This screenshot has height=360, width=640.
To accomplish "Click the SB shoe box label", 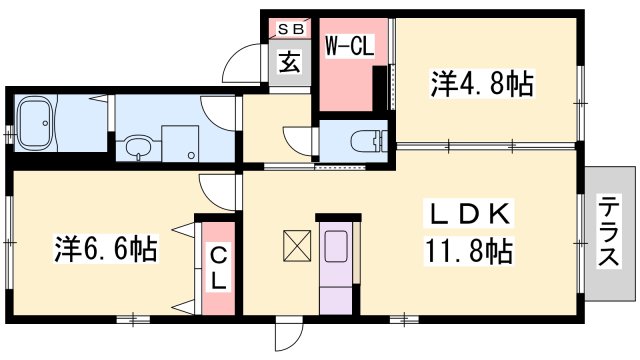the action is point(291,29).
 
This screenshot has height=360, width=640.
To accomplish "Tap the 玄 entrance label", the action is point(290,62).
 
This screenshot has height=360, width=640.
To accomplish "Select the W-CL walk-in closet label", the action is point(349,46).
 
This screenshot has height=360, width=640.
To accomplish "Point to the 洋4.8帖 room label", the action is point(482,84).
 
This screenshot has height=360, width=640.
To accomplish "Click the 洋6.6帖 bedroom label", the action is point(106,249).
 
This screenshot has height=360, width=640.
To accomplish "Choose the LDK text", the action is point(469,213).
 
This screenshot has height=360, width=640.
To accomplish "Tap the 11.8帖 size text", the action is point(469,251).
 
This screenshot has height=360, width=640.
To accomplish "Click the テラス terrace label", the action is point(609,231).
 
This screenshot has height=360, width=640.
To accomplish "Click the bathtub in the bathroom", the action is point(36,123).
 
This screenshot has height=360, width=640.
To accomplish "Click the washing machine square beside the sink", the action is point(180,143).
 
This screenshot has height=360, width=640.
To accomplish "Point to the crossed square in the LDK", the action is point(297,246).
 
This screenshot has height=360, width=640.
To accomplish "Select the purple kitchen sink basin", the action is point(336,246).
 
